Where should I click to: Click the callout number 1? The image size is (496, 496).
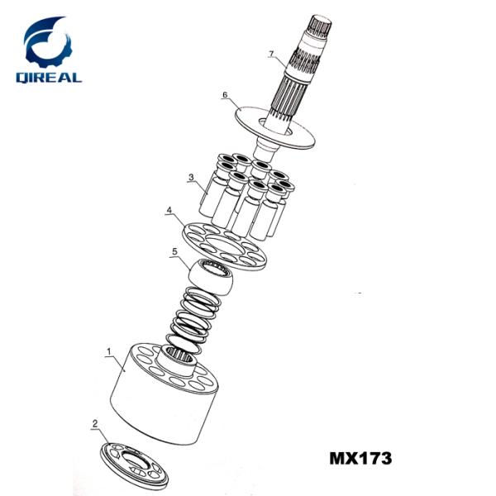[x=109, y=351]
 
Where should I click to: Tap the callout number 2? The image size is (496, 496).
[x=95, y=423]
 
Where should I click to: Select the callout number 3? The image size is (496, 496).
[x=191, y=177]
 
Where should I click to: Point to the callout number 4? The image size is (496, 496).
[x=169, y=210]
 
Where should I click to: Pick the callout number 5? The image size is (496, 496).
[x=174, y=252]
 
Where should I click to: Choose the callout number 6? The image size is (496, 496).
[x=225, y=95]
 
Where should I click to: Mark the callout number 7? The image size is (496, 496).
[x=271, y=54]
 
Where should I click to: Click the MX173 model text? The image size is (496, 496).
[x=360, y=458]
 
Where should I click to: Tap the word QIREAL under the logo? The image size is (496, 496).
[x=49, y=78]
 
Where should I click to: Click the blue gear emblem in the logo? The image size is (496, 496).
[x=47, y=41]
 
